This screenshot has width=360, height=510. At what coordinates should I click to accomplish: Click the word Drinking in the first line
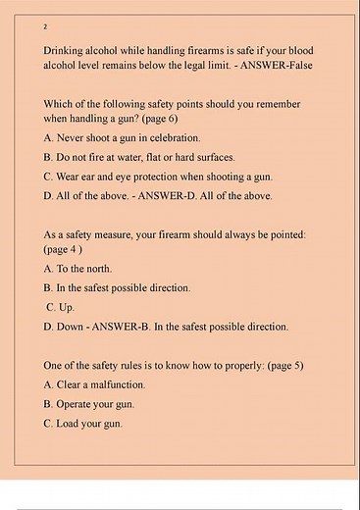(x=66, y=49)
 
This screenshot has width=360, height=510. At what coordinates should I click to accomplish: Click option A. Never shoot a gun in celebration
(x=122, y=137)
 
